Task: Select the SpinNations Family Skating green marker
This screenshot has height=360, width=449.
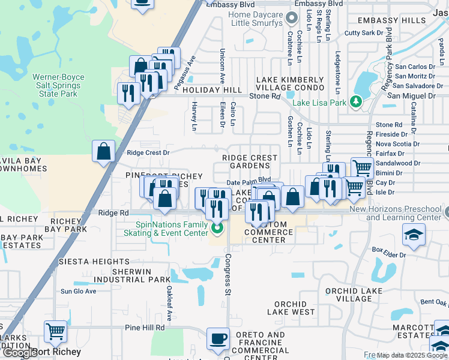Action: [x=217, y=228]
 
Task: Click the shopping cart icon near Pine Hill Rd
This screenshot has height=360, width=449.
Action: [x=55, y=330]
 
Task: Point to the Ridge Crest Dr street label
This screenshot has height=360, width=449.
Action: [x=148, y=152]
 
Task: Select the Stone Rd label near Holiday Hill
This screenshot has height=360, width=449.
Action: [x=265, y=95]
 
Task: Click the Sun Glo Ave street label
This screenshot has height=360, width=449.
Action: [x=78, y=292]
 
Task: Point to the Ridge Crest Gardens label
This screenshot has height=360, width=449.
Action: [x=250, y=161]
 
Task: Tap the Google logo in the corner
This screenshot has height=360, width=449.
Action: [x=19, y=353]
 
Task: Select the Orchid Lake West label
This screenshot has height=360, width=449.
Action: [x=291, y=308]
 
